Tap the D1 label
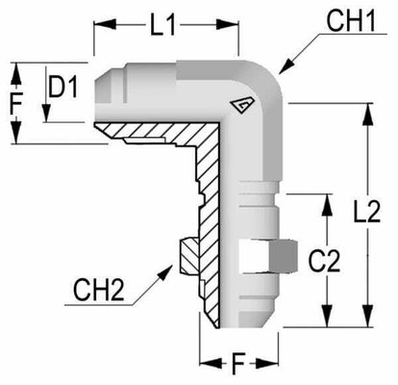coord(64,89)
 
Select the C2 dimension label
coord(332,259)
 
